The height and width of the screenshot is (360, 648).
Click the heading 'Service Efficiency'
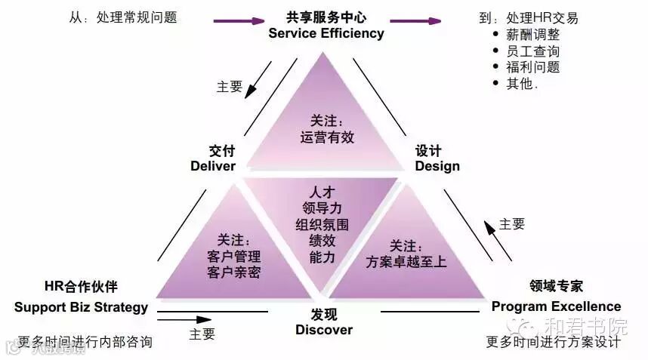coord(326,33)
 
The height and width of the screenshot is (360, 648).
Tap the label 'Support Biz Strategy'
coord(81,307)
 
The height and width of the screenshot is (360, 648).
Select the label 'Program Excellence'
coord(556,306)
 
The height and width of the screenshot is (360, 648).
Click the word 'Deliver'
coord(213,166)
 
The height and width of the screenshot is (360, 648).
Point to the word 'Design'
coord(437,166)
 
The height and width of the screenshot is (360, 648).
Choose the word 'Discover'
coord(324,330)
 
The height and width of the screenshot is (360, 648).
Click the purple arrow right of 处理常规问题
coord(239,21)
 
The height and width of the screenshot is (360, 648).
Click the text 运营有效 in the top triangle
coord(327,138)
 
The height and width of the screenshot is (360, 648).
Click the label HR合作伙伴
coord(81,288)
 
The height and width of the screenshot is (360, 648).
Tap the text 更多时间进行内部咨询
coord(85,342)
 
